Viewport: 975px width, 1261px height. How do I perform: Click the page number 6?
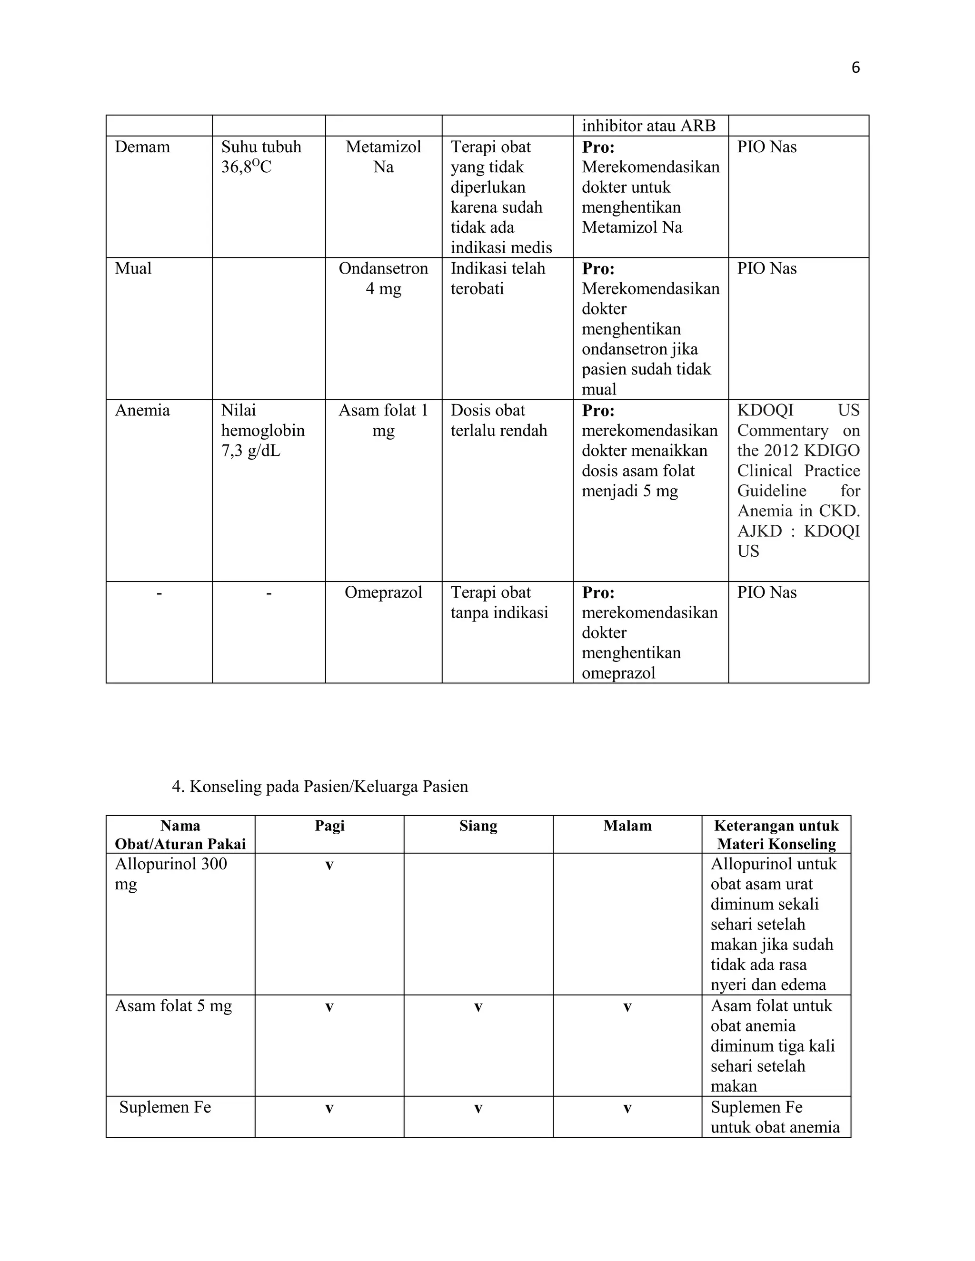coord(856,68)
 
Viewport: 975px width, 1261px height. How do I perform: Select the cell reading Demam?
coord(142,147)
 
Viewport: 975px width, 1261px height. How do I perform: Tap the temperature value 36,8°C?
coord(246,167)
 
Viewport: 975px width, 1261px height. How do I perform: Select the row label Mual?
coord(133,268)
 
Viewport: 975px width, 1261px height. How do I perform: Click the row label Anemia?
coord(142,411)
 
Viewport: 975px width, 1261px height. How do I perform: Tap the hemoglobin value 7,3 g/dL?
coord(251,451)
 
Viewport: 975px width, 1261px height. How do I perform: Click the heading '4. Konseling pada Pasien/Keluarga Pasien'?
coord(319,787)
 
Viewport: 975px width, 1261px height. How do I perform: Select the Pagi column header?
coord(329,826)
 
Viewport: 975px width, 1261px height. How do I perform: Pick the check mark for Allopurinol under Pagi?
coord(329,865)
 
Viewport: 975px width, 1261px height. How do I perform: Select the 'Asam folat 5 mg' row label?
coord(173,1006)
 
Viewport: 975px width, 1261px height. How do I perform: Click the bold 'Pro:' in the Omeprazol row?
coord(598,592)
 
